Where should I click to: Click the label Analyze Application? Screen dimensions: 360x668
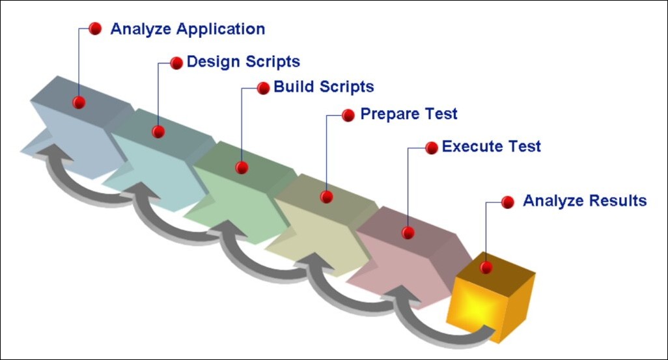188,29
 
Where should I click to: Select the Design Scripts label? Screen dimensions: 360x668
243,62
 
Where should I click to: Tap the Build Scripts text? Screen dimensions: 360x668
324,87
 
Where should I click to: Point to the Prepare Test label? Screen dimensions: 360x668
409,114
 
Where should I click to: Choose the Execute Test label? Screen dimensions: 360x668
491,146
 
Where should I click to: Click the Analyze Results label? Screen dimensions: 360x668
585,201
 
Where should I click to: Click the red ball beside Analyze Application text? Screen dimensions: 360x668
95,29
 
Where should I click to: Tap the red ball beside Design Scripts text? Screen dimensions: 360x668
176,62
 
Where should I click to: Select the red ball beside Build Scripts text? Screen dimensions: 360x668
263,88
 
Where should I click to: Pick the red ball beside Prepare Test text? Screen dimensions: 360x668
350,115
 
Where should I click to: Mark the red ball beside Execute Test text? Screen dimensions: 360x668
431,148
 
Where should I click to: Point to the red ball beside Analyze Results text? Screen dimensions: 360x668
508,202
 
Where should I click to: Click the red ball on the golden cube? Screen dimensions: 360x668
486,267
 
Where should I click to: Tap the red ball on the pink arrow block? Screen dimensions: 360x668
408,232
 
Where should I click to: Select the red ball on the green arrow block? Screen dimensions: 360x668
242,167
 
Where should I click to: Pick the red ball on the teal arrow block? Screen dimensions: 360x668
158,132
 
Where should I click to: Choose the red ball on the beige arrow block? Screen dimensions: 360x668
327,196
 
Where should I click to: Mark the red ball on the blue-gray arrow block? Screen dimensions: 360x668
79,102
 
